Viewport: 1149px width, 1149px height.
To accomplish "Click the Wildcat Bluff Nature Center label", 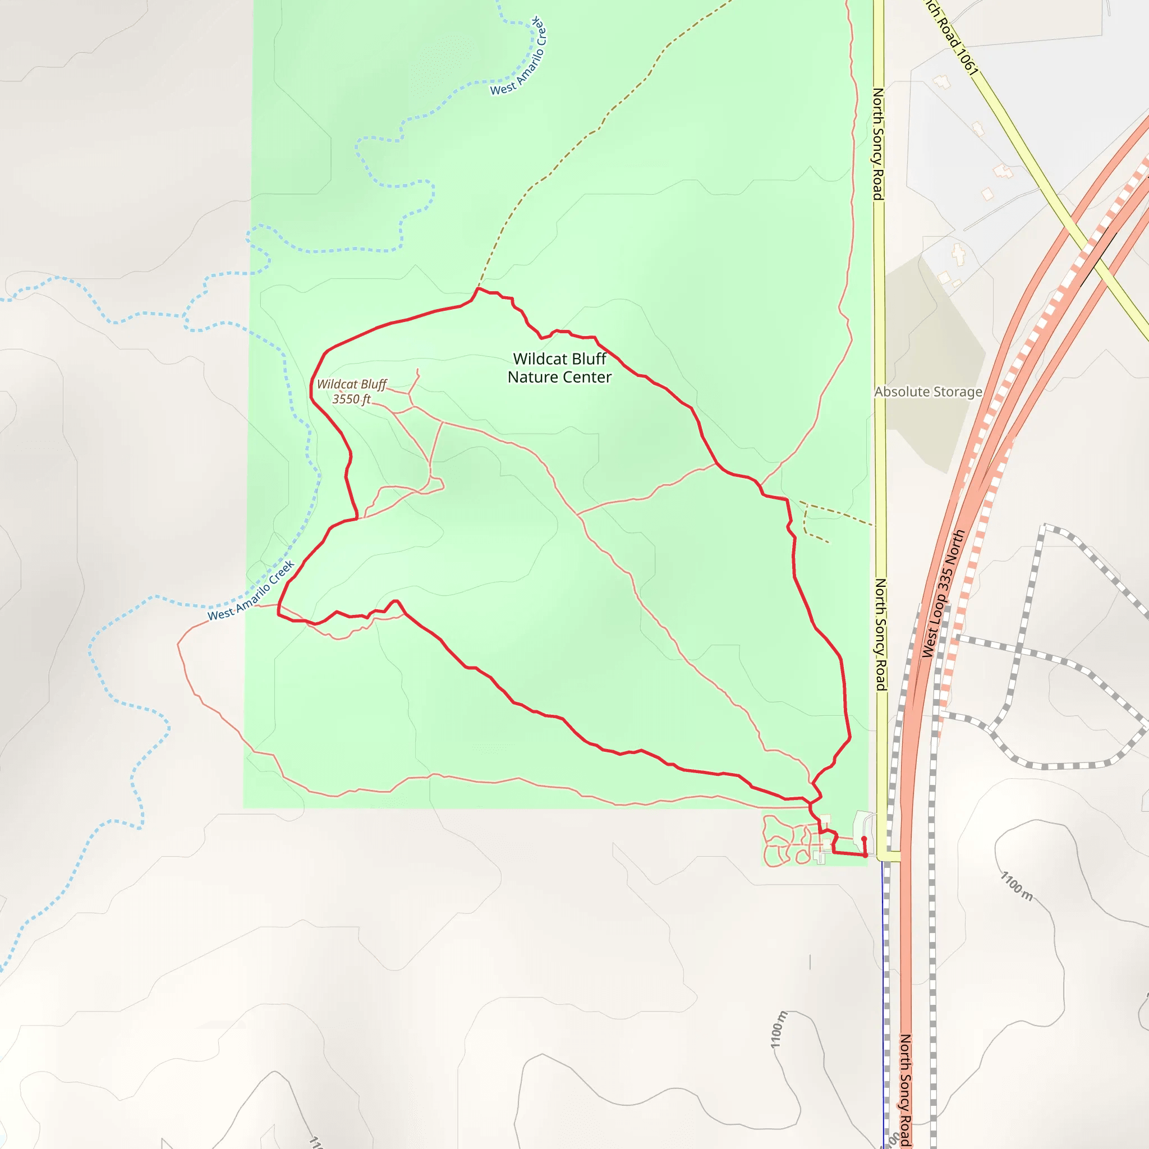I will click(x=559, y=368).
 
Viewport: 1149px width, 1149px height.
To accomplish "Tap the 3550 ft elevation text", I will click(x=351, y=399).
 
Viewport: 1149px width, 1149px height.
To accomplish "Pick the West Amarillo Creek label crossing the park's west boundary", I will click(x=251, y=591).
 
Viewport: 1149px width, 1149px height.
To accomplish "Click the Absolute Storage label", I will click(x=928, y=392).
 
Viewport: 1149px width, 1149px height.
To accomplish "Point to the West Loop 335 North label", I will click(x=943, y=594).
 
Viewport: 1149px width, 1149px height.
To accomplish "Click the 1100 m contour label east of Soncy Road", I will click(x=1017, y=885).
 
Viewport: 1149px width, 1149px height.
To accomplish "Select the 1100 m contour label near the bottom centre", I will click(x=779, y=1029).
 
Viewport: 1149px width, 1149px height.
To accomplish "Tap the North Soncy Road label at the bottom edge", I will click(x=904, y=1090).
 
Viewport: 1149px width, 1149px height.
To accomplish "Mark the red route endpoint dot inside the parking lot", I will click(x=863, y=839).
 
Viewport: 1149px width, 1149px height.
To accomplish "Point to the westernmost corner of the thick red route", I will click(x=278, y=614).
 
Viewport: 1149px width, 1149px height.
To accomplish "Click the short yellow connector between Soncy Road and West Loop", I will click(x=890, y=856).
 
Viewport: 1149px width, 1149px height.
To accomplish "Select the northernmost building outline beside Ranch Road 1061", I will click(x=941, y=81).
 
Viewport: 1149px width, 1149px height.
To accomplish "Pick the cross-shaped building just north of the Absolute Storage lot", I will click(x=958, y=254).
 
